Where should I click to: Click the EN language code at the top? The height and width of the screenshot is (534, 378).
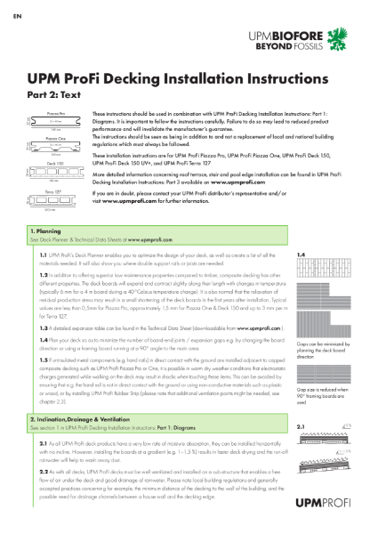pos(10,16)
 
